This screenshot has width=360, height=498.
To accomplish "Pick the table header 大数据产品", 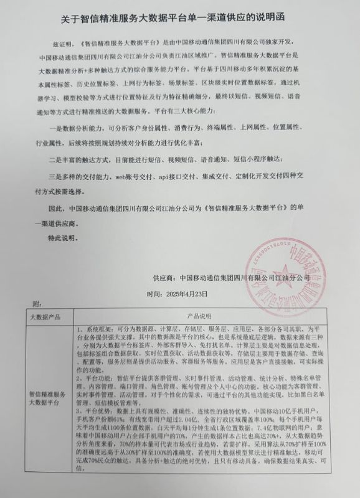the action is [42, 316].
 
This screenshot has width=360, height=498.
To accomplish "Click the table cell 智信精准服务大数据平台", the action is [45, 398].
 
